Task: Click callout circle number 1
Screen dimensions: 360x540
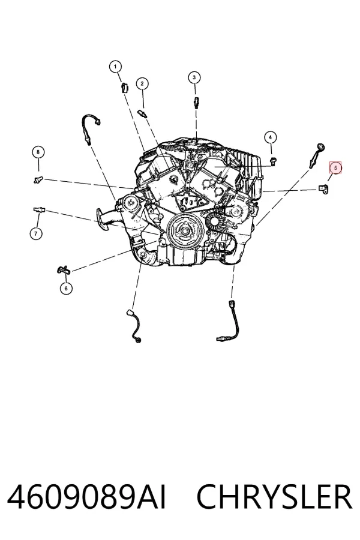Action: click(x=115, y=67)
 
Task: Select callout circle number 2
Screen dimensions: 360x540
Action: click(x=142, y=83)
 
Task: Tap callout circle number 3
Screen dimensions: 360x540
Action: click(x=194, y=77)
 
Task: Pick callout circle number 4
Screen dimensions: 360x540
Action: click(x=271, y=137)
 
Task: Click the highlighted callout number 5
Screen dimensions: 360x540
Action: click(x=335, y=168)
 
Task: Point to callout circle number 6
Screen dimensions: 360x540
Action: click(x=66, y=288)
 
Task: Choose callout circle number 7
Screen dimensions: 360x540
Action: click(x=36, y=233)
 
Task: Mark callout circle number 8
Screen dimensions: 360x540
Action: click(x=38, y=152)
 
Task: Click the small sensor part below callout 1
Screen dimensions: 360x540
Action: click(x=124, y=88)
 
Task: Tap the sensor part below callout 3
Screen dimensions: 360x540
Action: click(x=196, y=102)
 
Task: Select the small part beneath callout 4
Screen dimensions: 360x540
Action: click(x=273, y=160)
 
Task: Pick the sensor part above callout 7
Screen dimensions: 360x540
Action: click(x=39, y=209)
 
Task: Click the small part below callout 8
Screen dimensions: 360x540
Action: click(x=38, y=179)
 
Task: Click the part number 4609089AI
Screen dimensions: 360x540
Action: click(x=86, y=497)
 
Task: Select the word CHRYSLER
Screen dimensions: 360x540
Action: click(x=274, y=497)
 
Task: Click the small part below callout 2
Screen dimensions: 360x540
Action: click(x=142, y=113)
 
